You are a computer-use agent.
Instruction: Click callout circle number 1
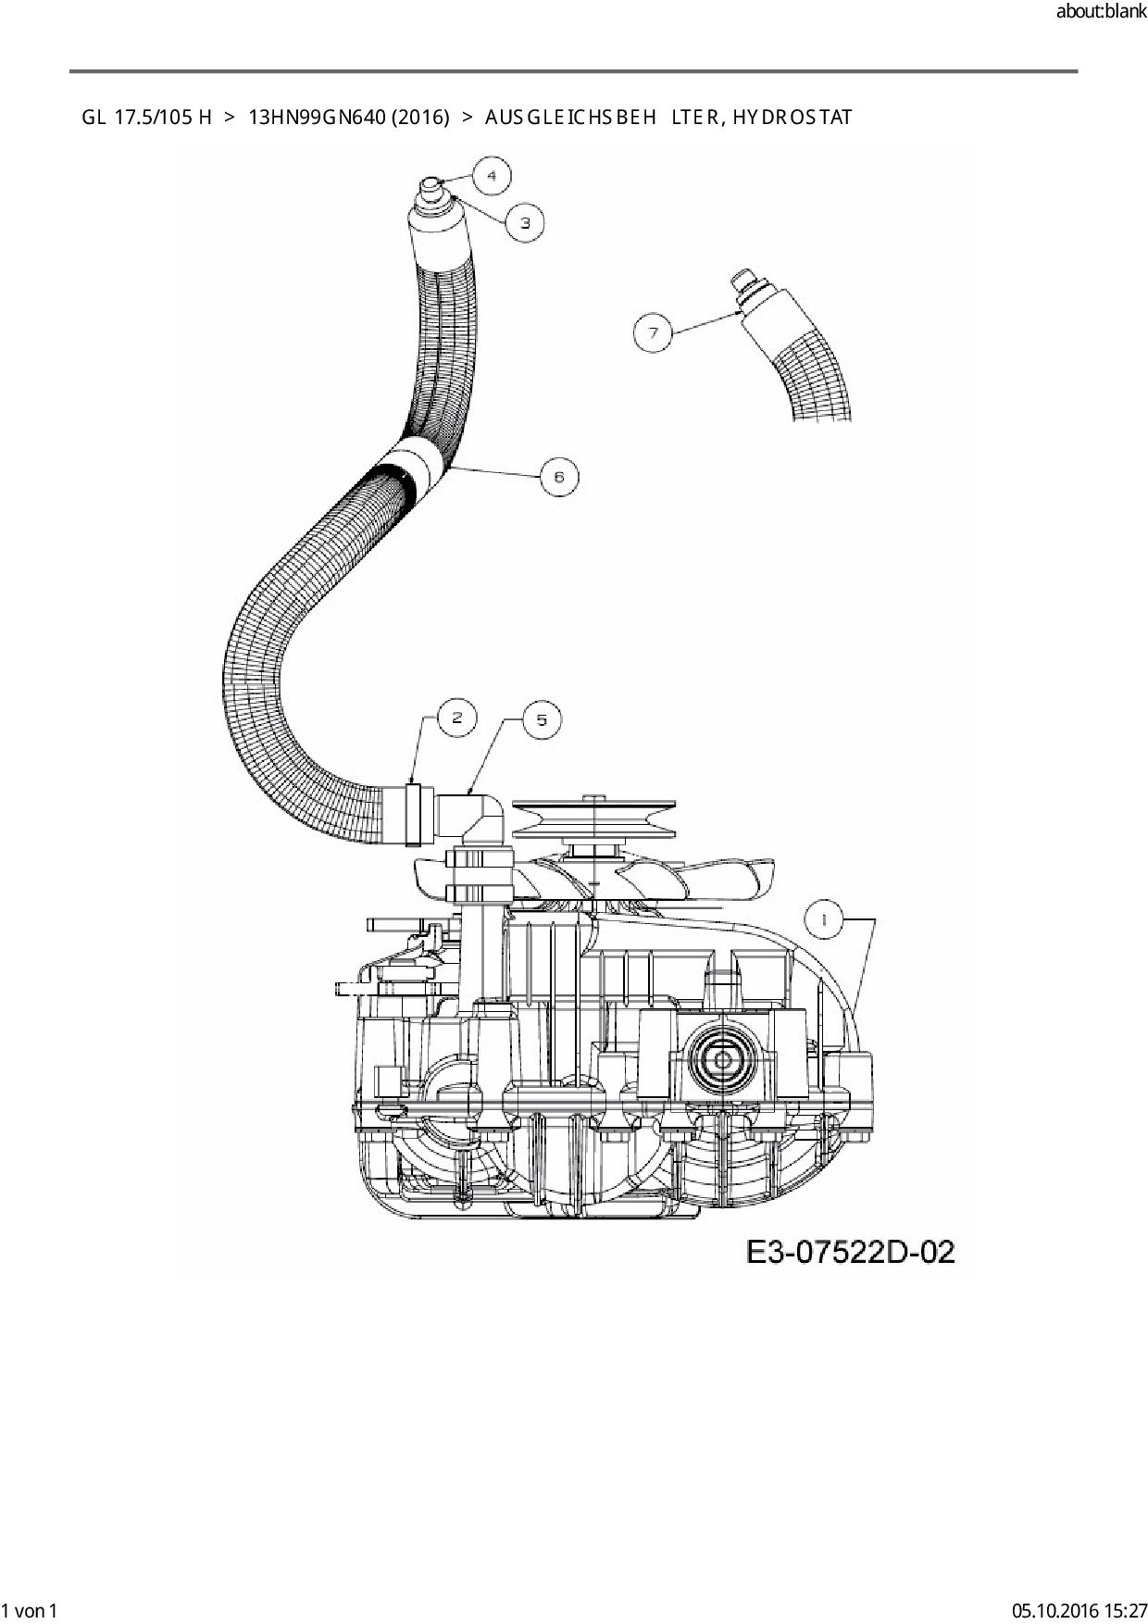823,919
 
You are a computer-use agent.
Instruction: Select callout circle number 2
455,718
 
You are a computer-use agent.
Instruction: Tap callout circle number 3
525,222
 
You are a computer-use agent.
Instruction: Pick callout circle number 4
492,175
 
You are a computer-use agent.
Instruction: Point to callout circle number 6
558,477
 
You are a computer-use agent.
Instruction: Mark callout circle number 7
654,332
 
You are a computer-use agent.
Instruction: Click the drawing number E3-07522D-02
850,1252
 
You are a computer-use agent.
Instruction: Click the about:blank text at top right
1101,12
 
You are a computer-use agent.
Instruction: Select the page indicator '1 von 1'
31,1610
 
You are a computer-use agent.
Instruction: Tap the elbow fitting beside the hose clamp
472,816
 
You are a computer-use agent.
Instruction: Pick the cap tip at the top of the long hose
431,184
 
